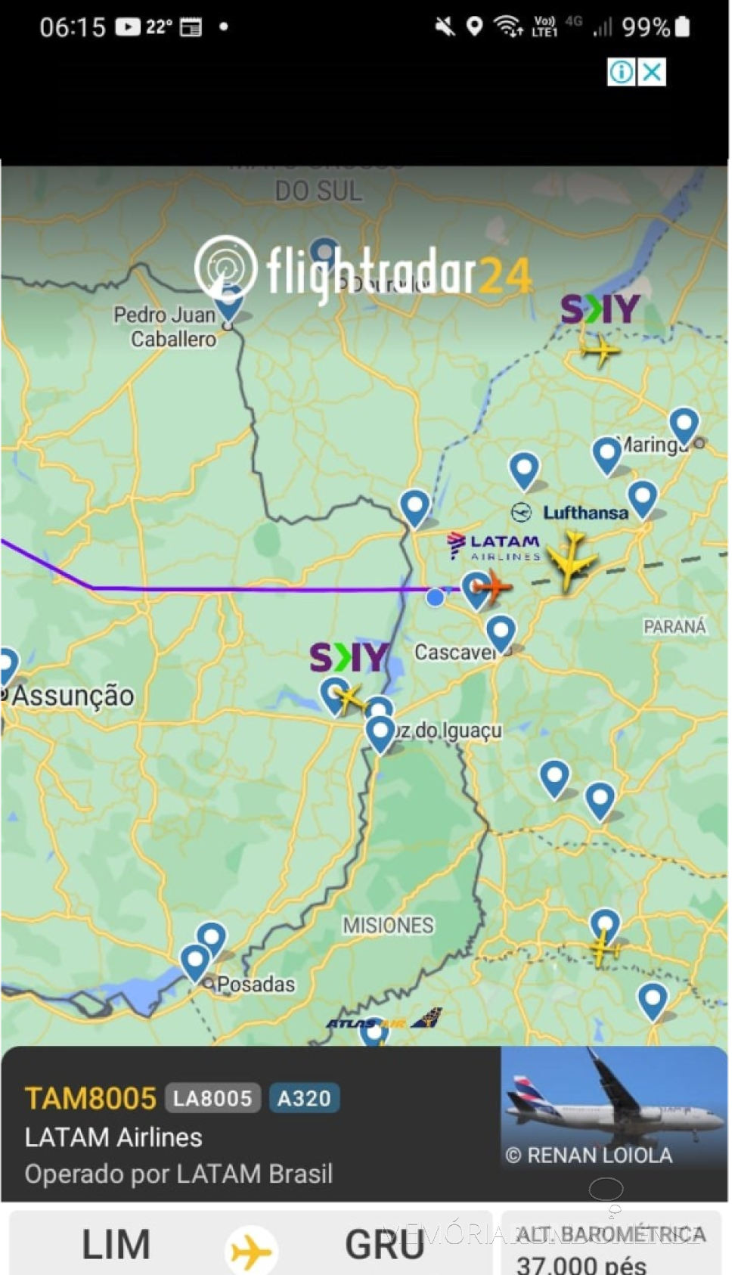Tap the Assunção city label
pyautogui.click(x=73, y=696)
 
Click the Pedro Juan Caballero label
pyautogui.click(x=166, y=327)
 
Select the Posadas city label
pyautogui.click(x=256, y=984)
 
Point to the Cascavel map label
pyautogui.click(x=453, y=652)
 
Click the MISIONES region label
pyautogui.click(x=388, y=925)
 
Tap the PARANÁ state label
pyautogui.click(x=674, y=626)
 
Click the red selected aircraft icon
pyautogui.click(x=492, y=586)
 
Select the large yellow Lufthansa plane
pyautogui.click(x=572, y=559)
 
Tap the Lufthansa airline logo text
pyautogui.click(x=584, y=513)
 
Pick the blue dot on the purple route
pyautogui.click(x=435, y=597)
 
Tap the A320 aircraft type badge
pyautogui.click(x=304, y=1098)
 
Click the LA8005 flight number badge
pyautogui.click(x=212, y=1098)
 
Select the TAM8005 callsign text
pyautogui.click(x=91, y=1098)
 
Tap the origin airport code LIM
pyautogui.click(x=116, y=1245)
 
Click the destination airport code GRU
pyautogui.click(x=384, y=1245)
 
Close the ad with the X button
pyautogui.click(x=652, y=73)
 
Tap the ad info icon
pyautogui.click(x=622, y=73)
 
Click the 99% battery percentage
pyautogui.click(x=645, y=28)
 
